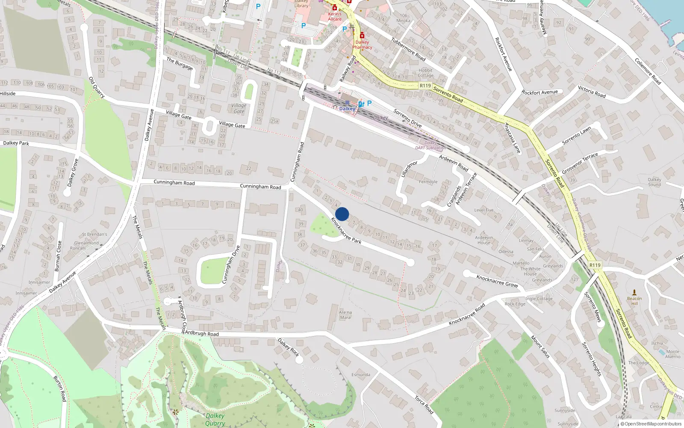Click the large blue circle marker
pyautogui.click(x=342, y=214)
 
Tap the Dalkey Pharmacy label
pyautogui.click(x=362, y=45)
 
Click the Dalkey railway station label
pyautogui.click(x=347, y=109)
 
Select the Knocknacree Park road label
pyautogui.click(x=346, y=231)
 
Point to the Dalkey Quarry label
pyautogui.click(x=215, y=419)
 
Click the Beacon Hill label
pyautogui.click(x=634, y=301)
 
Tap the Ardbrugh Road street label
pyautogui.click(x=202, y=333)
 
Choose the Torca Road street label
pyautogui.click(x=424, y=405)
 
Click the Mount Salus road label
pyautogui.click(x=540, y=347)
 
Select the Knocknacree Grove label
pyautogui.click(x=497, y=281)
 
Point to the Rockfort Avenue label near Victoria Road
pyautogui.click(x=540, y=92)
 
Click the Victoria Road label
pyautogui.click(x=592, y=92)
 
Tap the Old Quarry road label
pyautogui.click(x=97, y=87)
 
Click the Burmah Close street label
pyautogui.click(x=58, y=256)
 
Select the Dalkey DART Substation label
pyautogui.click(x=430, y=146)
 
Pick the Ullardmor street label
pyautogui.click(x=409, y=169)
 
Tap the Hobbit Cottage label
pyautogui.click(x=425, y=73)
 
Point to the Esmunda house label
pyautogui.click(x=361, y=375)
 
